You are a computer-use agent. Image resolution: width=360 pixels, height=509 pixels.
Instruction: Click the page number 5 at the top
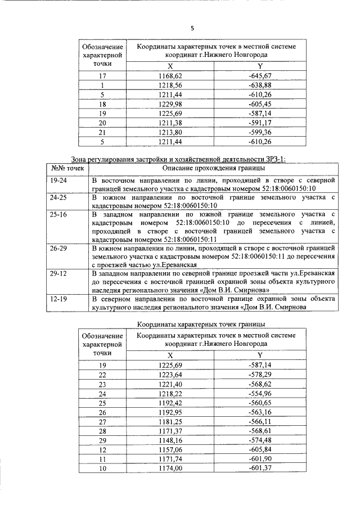192,27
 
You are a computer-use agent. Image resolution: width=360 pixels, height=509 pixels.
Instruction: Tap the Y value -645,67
260,75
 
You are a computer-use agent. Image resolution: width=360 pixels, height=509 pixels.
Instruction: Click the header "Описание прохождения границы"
213,168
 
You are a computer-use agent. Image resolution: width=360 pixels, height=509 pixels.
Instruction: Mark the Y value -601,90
260,459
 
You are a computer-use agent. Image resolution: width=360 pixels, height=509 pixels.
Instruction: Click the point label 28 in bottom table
102,430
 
